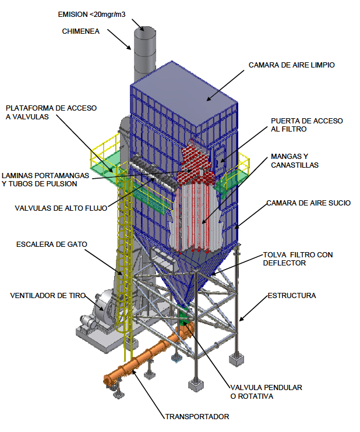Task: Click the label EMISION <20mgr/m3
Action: (x=91, y=15)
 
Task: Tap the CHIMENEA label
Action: (x=81, y=31)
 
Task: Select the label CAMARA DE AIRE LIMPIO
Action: (x=292, y=65)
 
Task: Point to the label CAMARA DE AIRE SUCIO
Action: (x=309, y=203)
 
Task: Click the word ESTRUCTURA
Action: (x=292, y=296)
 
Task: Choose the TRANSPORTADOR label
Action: (x=197, y=417)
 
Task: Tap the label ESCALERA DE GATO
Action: (x=51, y=245)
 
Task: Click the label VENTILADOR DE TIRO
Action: (x=48, y=296)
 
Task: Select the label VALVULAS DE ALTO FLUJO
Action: (x=61, y=208)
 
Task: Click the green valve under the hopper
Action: (x=183, y=319)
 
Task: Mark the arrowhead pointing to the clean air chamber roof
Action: (x=209, y=98)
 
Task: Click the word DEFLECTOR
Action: (x=284, y=263)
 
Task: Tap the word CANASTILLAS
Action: (x=295, y=165)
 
